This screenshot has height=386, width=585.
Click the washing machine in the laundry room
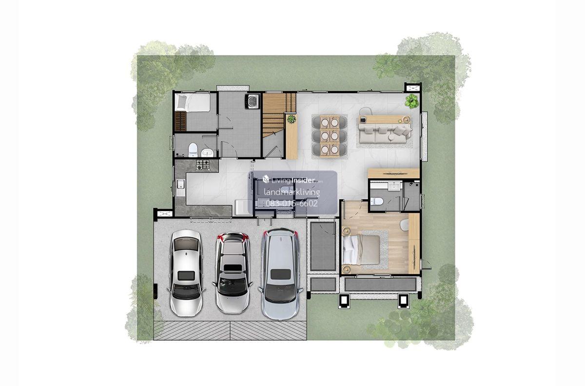[253, 101]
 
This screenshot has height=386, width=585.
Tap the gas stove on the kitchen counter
[203, 165]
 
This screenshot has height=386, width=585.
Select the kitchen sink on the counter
[180, 188]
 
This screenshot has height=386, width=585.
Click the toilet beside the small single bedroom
[193, 150]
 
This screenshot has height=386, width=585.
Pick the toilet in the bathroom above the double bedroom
[376, 201]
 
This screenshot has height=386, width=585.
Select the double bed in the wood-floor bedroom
[361, 250]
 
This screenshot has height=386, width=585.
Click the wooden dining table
[330, 136]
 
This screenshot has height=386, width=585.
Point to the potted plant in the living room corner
[411, 101]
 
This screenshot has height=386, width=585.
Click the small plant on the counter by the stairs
[291, 119]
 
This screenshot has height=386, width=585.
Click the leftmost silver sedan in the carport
[186, 273]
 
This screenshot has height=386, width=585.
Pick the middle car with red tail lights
[233, 273]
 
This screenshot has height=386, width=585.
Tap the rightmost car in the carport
[280, 274]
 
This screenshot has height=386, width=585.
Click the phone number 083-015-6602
[292, 203]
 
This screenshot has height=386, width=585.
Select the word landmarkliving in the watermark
[292, 193]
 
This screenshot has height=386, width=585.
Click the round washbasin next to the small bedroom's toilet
[207, 152]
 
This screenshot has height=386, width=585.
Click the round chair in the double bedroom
[404, 225]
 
